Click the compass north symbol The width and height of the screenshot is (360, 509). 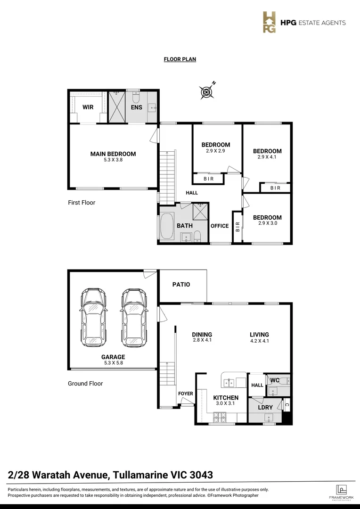(206, 92)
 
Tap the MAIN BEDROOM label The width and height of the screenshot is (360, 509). (113, 154)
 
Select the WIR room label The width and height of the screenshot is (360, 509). (88, 107)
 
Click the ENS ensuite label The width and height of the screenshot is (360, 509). (137, 107)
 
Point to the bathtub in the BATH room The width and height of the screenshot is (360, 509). (167, 226)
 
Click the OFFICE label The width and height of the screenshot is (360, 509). (220, 226)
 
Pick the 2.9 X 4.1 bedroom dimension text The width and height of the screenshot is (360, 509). (267, 157)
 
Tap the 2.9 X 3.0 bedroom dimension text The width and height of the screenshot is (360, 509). (267, 223)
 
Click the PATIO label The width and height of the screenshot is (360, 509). (181, 284)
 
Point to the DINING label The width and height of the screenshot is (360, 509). (202, 335)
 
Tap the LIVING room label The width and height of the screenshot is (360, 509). (259, 335)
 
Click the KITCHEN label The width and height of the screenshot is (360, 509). (226, 398)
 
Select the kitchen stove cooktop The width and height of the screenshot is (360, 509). (220, 417)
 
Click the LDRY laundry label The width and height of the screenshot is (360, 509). (265, 407)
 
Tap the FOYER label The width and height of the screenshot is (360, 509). (185, 394)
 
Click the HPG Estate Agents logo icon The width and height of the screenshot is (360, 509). (270, 23)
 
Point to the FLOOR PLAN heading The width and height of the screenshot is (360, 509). (180, 59)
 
